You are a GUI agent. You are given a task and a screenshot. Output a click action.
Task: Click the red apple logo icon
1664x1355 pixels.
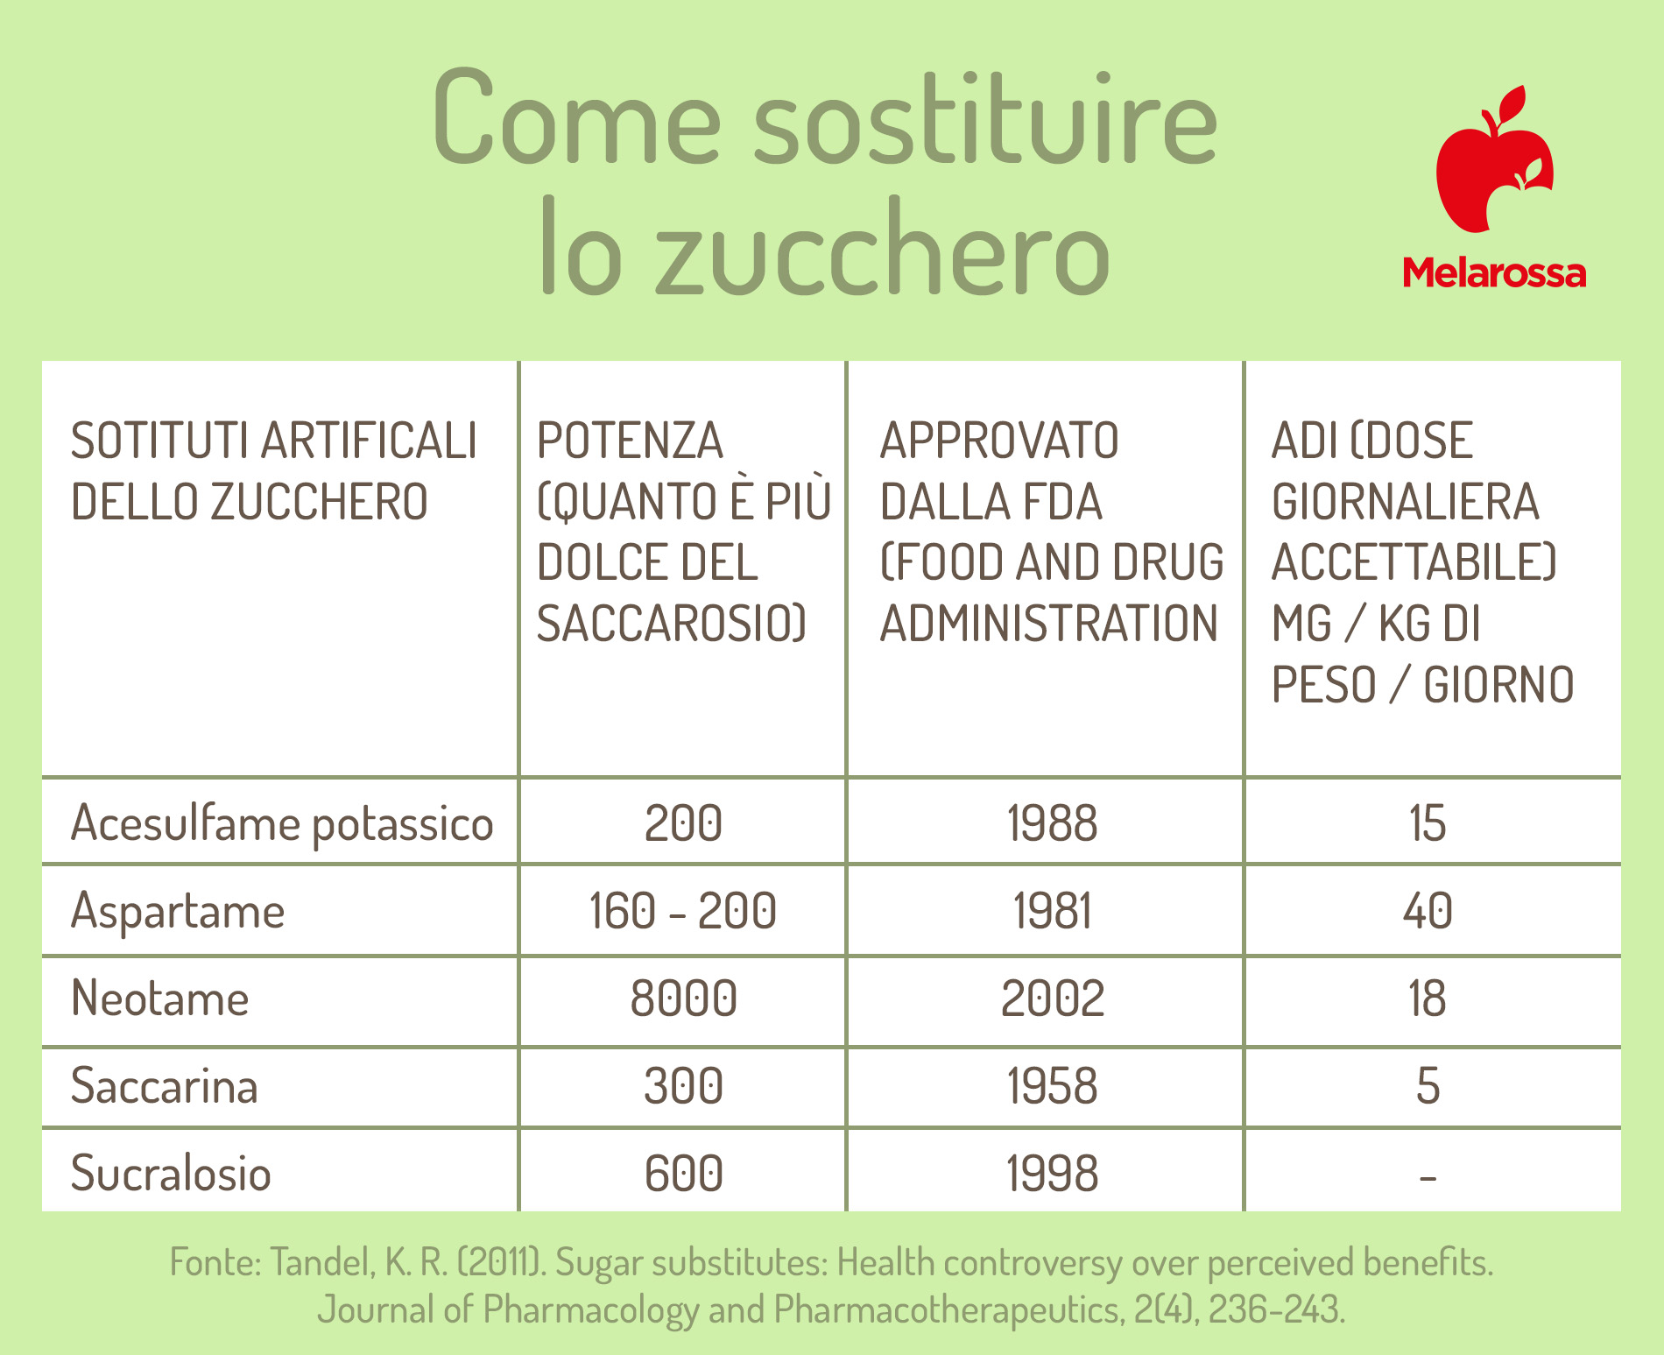pyautogui.click(x=1493, y=162)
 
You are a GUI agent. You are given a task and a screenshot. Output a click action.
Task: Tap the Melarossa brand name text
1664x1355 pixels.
pyautogui.click(x=1494, y=273)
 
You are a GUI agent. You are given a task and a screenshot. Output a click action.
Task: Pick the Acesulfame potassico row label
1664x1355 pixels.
pyautogui.click(x=282, y=824)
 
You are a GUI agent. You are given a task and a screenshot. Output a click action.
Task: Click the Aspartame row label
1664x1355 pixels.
pyautogui.click(x=178, y=912)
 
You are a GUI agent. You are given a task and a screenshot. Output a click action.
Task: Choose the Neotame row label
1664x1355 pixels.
pyautogui.click(x=159, y=999)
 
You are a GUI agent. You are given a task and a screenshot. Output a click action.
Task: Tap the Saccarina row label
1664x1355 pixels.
pyautogui.click(x=164, y=1086)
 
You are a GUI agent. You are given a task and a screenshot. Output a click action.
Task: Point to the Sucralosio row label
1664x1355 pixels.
pyautogui.click(x=171, y=1174)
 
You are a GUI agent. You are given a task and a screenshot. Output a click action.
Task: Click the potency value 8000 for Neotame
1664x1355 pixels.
pyautogui.click(x=684, y=999)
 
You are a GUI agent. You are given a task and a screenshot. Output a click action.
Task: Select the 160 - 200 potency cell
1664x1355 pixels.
pyautogui.click(x=683, y=911)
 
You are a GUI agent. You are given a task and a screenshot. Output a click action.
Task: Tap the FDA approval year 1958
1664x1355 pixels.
pyautogui.click(x=1053, y=1086)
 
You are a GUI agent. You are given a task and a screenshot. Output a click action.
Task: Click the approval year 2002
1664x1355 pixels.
pyautogui.click(x=1053, y=999)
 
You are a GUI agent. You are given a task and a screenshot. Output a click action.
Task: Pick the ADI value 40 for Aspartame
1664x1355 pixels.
pyautogui.click(x=1428, y=911)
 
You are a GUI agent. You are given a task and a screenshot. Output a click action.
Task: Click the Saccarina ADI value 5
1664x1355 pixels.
pyautogui.click(x=1428, y=1086)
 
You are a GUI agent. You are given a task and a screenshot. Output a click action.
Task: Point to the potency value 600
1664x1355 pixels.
pyautogui.click(x=684, y=1174)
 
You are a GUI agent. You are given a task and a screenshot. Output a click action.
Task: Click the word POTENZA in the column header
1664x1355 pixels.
pyautogui.click(x=631, y=441)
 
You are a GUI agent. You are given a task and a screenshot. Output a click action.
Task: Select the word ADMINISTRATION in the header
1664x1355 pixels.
pyautogui.click(x=1049, y=624)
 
